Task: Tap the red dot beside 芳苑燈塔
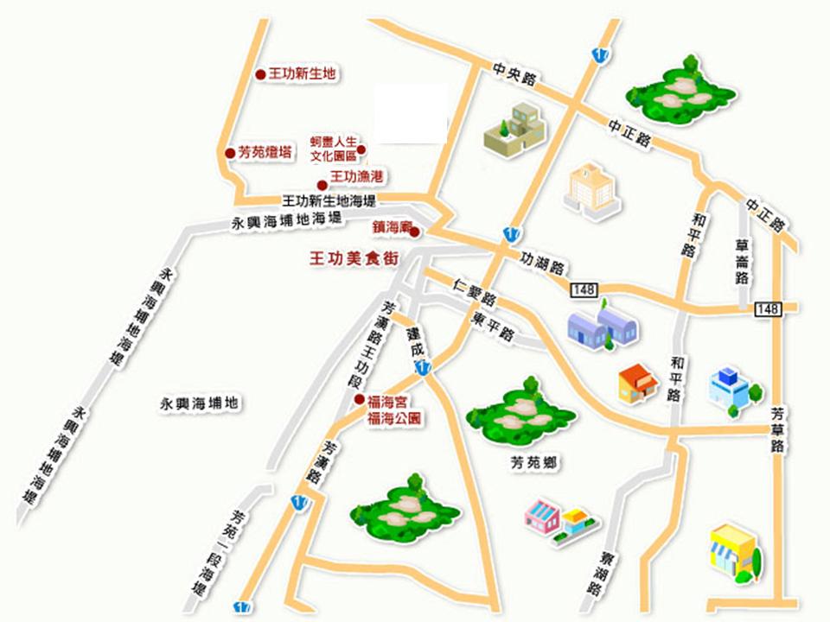pos(230,154)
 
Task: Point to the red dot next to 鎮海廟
pos(415,232)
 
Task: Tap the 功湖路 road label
pos(542,263)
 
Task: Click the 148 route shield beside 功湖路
pos(584,289)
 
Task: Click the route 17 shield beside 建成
pos(421,369)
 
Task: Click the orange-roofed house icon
pos(637,383)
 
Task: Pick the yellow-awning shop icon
pos(733,549)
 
